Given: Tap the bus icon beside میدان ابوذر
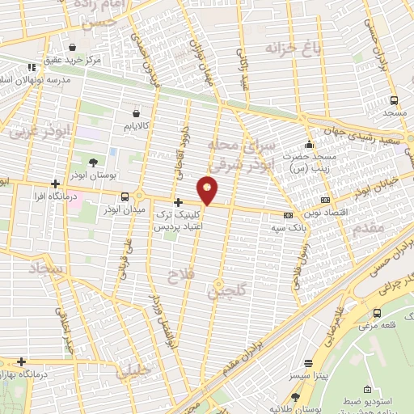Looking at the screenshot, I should pos(125,196).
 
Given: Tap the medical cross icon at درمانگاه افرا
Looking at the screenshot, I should pos(55,184).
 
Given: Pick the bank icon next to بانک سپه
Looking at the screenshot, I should pos(289,215).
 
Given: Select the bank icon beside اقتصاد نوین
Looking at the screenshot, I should pos(325,200).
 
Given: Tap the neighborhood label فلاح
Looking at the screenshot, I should pos(176,277).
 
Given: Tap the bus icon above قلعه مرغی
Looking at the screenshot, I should pos(377,313).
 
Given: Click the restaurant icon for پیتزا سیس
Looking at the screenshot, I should pos(307,364).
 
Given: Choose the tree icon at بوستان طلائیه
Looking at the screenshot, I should pos(295,397).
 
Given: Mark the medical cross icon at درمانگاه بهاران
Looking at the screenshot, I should pos(22,361).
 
